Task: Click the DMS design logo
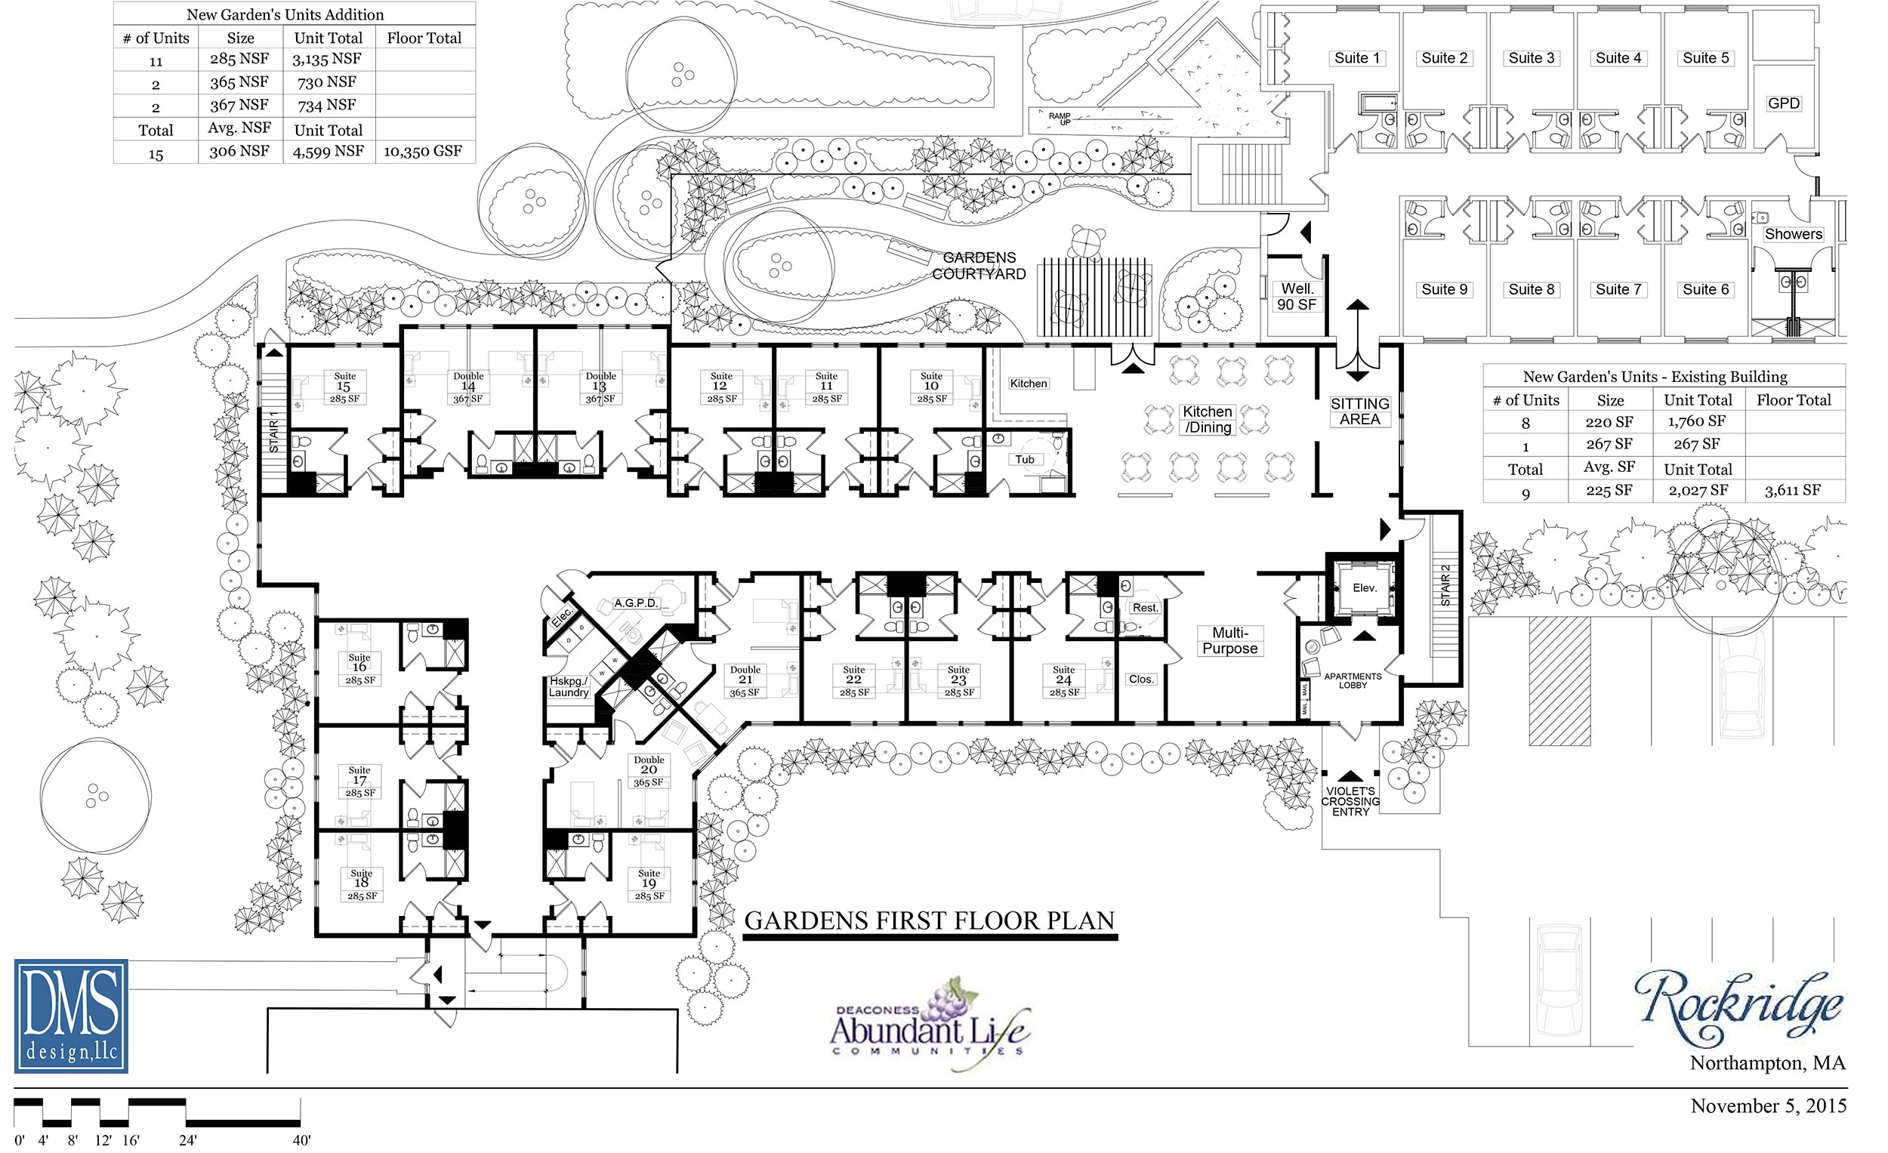click(x=70, y=1016)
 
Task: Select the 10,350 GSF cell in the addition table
click(x=423, y=152)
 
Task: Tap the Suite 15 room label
click(x=344, y=387)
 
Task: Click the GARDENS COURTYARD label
click(x=979, y=266)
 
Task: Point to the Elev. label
click(x=1365, y=588)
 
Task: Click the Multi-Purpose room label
click(x=1229, y=641)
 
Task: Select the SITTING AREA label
click(x=1360, y=412)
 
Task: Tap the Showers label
click(x=1793, y=234)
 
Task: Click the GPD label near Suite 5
click(x=1784, y=103)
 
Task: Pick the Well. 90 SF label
click(x=1297, y=297)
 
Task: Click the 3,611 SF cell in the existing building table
click(x=1792, y=490)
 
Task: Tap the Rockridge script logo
click(x=1738, y=1005)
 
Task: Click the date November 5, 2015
click(x=1769, y=1106)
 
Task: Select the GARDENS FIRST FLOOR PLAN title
click(x=930, y=921)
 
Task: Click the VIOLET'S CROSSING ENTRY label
click(x=1350, y=801)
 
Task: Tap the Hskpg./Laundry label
click(x=569, y=687)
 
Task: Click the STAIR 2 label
click(x=1446, y=586)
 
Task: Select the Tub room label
click(x=1026, y=460)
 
